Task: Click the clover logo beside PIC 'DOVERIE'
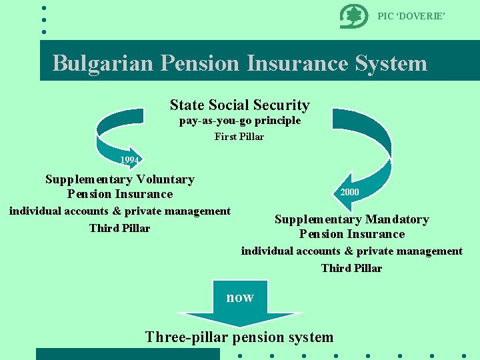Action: pos(353,16)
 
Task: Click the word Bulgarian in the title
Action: pos(103,63)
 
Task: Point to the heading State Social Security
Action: pos(239,105)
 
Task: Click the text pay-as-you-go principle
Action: pos(239,121)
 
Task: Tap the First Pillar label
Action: pos(239,137)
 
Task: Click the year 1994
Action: pos(129,160)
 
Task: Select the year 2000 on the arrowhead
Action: pos(349,192)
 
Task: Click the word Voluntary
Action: pos(164,179)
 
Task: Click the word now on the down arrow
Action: pos(239,297)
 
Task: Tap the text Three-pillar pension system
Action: pos(239,337)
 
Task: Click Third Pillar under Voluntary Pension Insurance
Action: pos(119,228)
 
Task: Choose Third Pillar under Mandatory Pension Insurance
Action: pos(351,268)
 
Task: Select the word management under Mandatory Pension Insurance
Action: pos(427,251)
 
